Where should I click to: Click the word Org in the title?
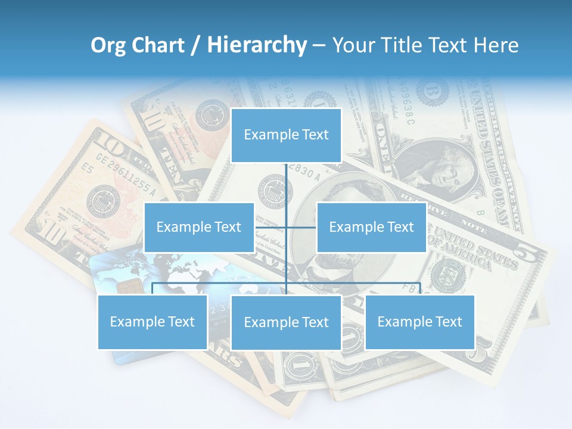point(108,45)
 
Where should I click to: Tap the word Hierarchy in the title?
point(257,45)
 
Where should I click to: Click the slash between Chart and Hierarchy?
point(195,46)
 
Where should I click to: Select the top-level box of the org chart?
point(286,135)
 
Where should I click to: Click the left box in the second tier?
point(199,227)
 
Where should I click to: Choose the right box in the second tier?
point(371,227)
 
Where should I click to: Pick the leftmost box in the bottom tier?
point(153,322)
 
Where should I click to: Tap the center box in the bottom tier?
point(286,322)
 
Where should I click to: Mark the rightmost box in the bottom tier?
point(419,322)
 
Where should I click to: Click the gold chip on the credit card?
point(125,287)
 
